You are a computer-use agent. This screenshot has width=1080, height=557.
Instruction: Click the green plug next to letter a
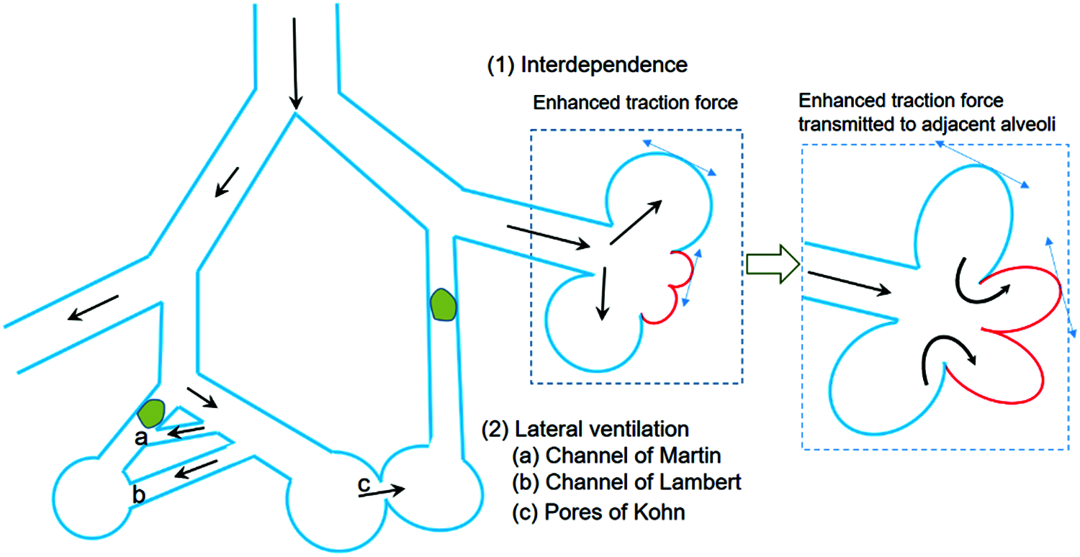(x=150, y=413)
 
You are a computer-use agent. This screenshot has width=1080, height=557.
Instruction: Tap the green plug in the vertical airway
(x=443, y=305)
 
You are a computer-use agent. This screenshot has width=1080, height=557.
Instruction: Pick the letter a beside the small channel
(x=143, y=436)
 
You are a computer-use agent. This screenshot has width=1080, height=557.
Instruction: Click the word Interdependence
(x=604, y=65)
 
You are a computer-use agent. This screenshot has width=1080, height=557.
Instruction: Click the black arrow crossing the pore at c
(x=382, y=491)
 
